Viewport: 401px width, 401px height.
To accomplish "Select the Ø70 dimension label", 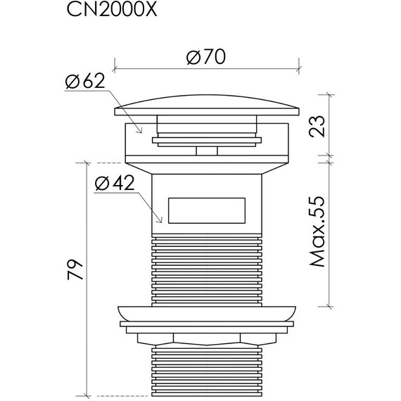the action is point(206,56).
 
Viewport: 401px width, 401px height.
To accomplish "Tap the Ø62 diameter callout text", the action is point(85,81).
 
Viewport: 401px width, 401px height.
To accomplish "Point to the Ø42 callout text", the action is point(115,183).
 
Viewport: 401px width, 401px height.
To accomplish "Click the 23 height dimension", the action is point(317,127).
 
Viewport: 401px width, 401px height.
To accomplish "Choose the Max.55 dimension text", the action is point(317,231).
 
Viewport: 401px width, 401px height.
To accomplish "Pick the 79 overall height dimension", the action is point(75,270).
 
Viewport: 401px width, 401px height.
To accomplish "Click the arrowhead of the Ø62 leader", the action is point(140,131).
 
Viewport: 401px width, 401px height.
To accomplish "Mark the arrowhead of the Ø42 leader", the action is point(160,220).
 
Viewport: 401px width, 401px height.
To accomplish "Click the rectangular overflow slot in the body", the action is point(207,210).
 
